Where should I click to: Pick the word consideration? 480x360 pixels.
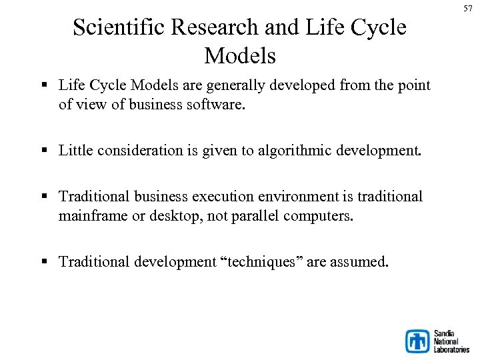tap(139, 151)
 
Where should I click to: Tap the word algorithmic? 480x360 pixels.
tap(301, 151)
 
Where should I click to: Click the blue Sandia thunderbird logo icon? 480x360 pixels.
tap(418, 341)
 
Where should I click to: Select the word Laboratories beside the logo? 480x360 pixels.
tap(451, 349)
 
